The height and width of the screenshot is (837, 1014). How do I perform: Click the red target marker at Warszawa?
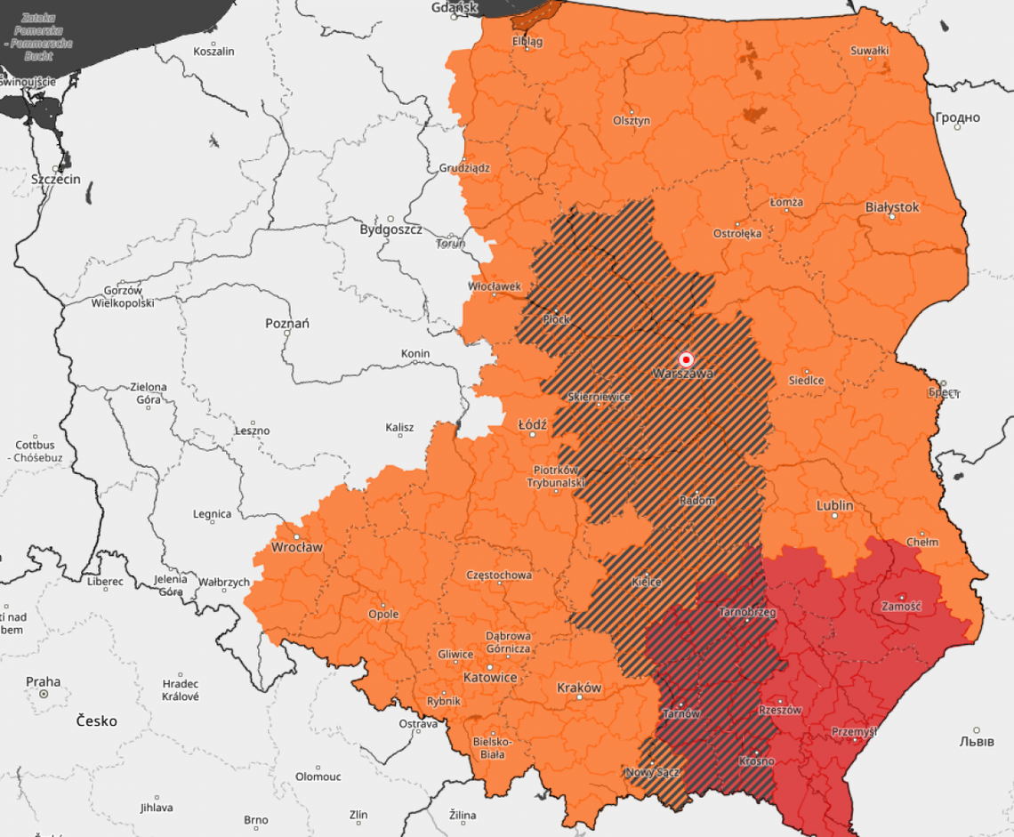point(686,359)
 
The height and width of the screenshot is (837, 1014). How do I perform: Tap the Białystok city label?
point(892,206)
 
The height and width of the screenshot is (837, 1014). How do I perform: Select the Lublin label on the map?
point(834,505)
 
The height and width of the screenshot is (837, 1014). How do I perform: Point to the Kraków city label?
point(579,688)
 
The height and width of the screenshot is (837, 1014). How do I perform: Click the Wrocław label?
point(297,547)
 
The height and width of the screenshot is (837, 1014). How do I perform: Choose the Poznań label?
point(287,323)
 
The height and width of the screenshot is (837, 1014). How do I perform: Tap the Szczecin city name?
point(55,179)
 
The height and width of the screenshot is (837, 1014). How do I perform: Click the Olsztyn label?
point(632,120)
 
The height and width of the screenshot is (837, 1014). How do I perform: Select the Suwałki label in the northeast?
point(869,51)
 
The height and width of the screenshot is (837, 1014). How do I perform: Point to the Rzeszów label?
point(780,711)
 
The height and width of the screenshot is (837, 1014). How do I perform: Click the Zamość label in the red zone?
point(901,606)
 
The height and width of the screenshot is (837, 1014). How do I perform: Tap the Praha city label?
point(43,681)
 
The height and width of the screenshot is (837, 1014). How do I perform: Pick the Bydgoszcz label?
point(390,229)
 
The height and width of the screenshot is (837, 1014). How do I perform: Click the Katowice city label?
point(490,677)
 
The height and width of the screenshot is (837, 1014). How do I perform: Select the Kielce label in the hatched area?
point(646,582)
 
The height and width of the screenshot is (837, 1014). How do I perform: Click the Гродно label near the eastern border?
point(957,117)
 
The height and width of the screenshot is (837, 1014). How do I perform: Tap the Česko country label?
point(96,720)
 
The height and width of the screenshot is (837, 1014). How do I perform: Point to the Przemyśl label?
point(853,731)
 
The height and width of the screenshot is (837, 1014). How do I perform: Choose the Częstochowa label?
point(499,575)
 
